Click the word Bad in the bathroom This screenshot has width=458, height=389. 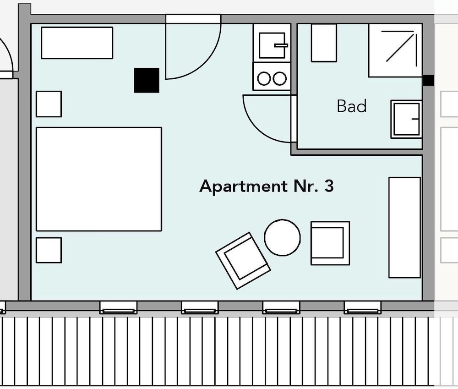point(352,106)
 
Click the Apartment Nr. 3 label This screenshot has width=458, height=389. point(267,186)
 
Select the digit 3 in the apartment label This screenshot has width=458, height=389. point(329,186)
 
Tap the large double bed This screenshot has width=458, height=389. point(99,179)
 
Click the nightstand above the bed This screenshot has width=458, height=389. point(49,104)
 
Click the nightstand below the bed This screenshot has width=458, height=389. point(49,250)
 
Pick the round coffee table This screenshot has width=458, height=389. point(282,238)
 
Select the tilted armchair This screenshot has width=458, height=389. point(243,261)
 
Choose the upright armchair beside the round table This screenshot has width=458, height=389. point(330,243)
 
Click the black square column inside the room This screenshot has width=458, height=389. point(147,80)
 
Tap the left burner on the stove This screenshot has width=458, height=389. point(264,78)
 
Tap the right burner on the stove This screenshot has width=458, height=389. point(279,78)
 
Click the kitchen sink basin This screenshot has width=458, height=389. point(272,45)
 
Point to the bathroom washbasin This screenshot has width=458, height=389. point(406,119)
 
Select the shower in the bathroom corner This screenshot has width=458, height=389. point(395,50)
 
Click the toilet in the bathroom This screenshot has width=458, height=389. point(324,43)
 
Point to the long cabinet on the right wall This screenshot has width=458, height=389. point(404,227)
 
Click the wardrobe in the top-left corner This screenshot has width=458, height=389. point(77,43)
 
